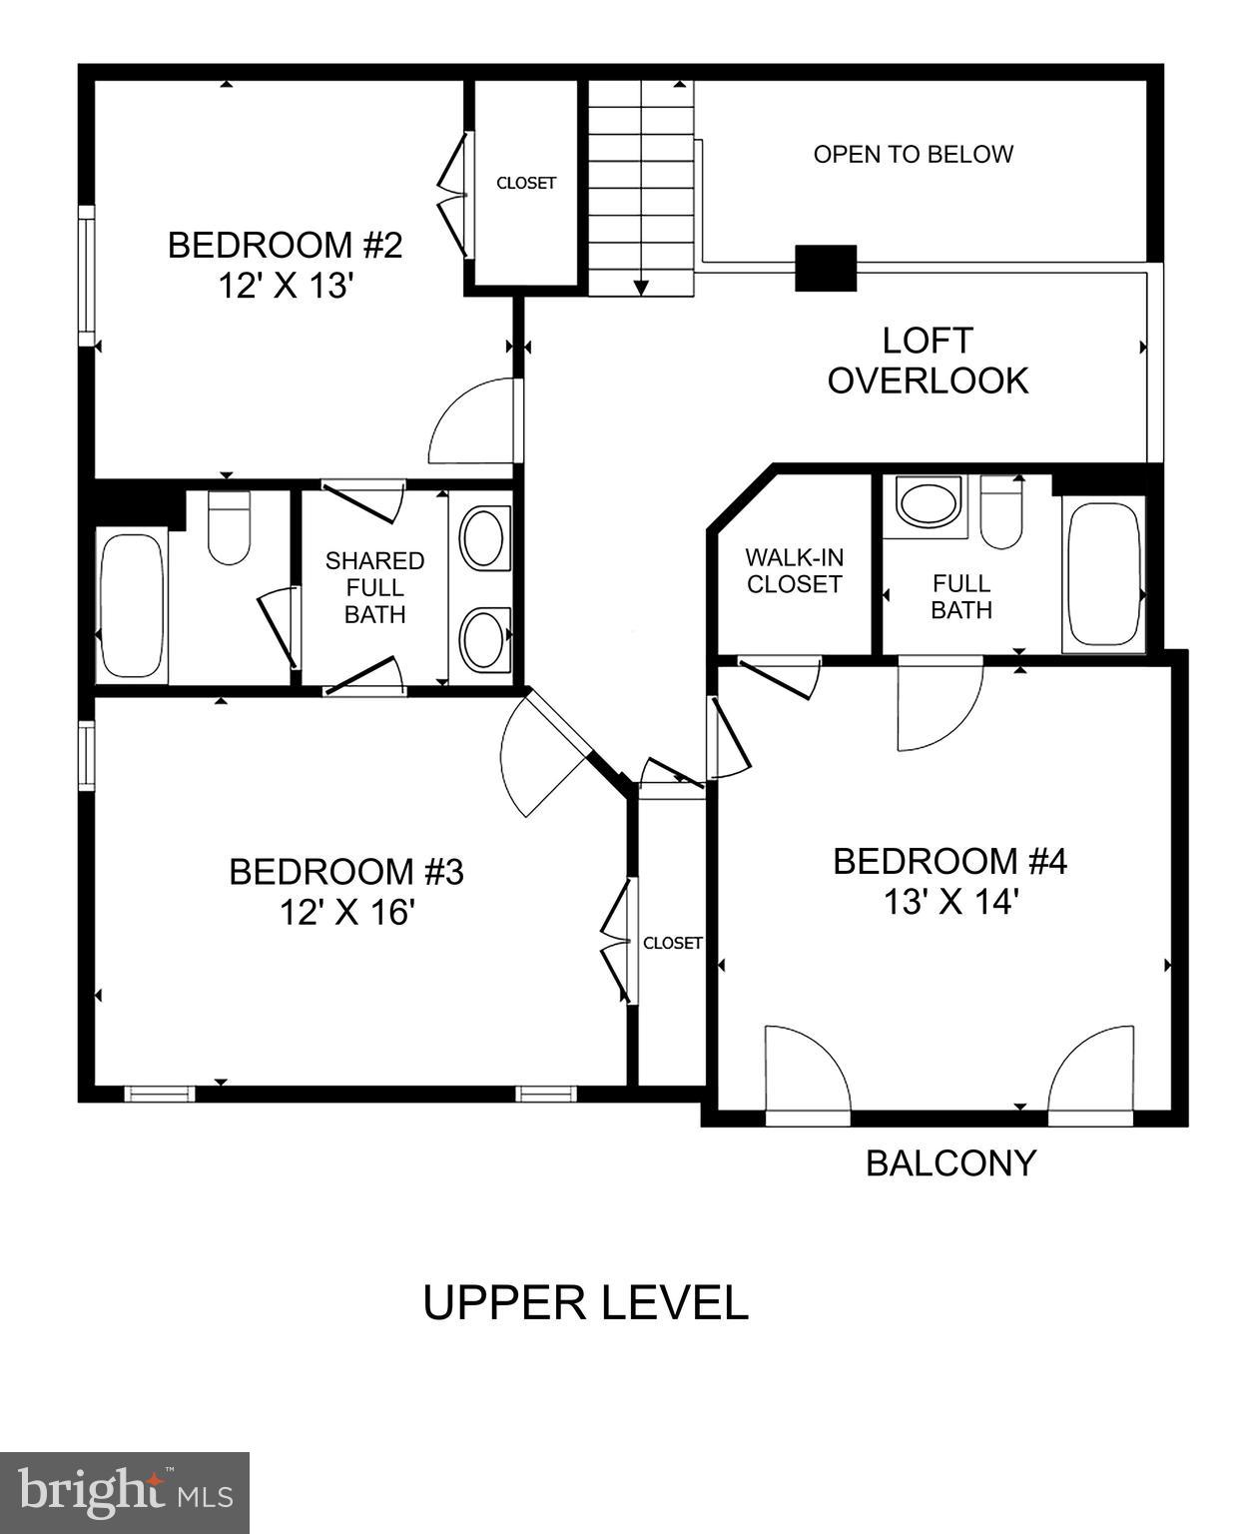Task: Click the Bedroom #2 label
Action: (x=285, y=245)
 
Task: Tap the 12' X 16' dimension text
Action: (x=346, y=913)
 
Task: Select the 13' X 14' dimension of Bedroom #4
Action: (x=949, y=903)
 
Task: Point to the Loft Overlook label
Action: (x=928, y=361)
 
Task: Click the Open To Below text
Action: (x=913, y=155)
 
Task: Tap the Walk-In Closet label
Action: (x=794, y=571)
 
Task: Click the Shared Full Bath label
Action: (x=374, y=588)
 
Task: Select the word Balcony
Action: (x=950, y=1163)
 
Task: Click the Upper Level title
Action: (x=585, y=1303)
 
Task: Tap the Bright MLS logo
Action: (x=124, y=1492)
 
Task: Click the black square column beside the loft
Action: (x=826, y=268)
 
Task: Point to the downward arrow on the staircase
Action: (x=641, y=286)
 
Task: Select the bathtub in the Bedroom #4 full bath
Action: (x=1103, y=575)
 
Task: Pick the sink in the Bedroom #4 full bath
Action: (x=929, y=501)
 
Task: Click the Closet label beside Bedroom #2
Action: (x=526, y=184)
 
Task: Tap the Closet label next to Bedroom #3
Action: (x=672, y=943)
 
